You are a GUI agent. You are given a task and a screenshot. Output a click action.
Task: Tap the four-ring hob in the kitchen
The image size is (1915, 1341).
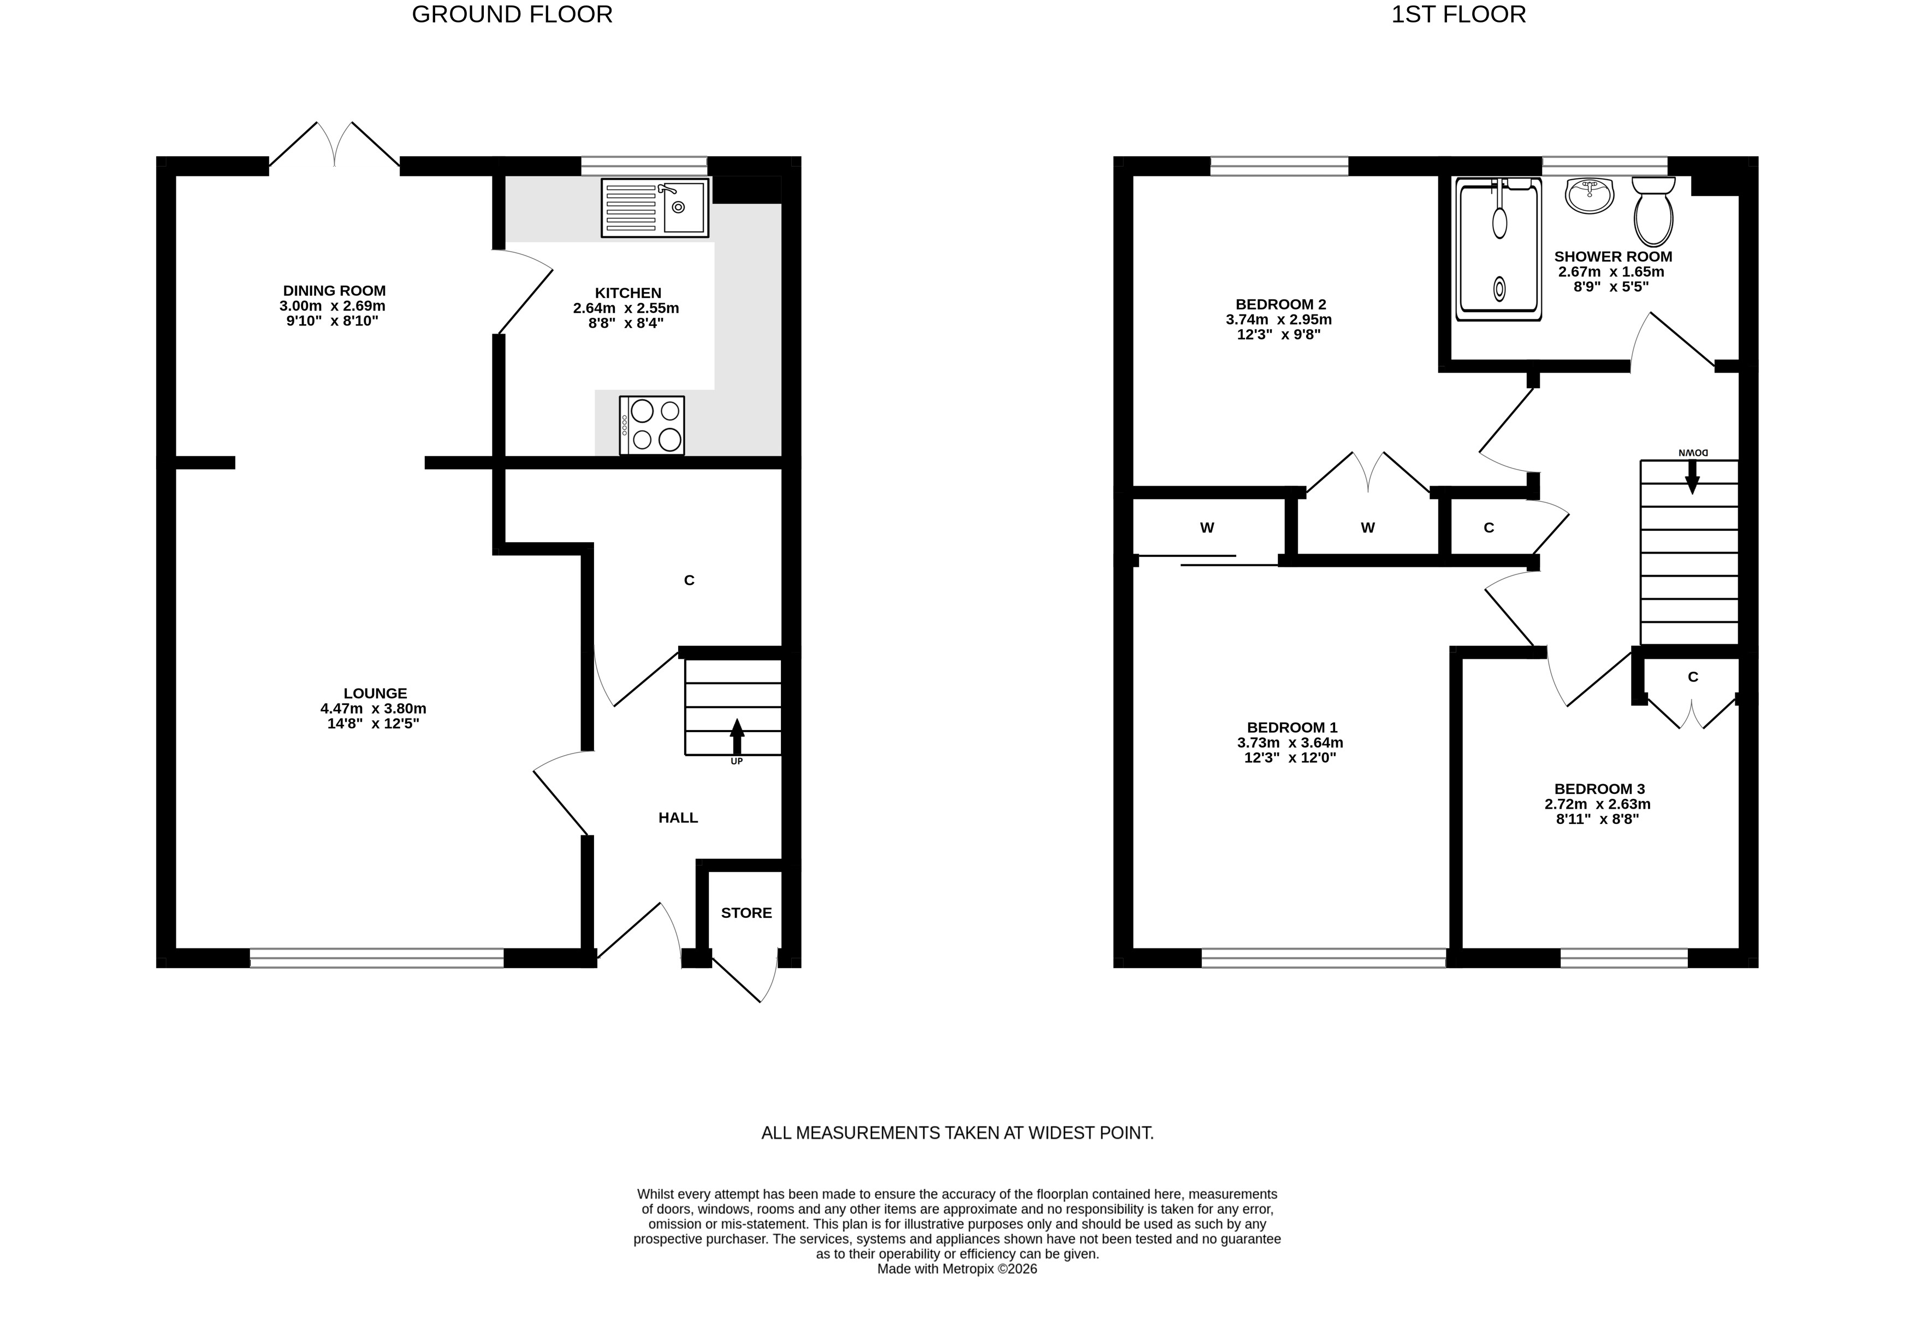click(x=652, y=425)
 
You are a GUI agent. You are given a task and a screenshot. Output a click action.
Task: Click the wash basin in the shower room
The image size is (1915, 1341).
click(x=1591, y=195)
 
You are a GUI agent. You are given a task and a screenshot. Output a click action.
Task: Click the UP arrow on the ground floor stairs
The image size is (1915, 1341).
click(x=737, y=737)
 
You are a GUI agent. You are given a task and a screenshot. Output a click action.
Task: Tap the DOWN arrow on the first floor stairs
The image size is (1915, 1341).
click(x=1692, y=476)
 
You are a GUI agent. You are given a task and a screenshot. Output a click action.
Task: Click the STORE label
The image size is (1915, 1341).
click(x=746, y=913)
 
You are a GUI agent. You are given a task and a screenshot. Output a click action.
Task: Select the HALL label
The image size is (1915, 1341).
click(x=678, y=818)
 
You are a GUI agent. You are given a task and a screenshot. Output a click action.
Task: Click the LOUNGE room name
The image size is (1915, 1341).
click(x=375, y=693)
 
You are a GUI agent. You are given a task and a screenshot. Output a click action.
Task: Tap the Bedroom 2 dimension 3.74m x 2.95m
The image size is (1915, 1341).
click(x=1279, y=319)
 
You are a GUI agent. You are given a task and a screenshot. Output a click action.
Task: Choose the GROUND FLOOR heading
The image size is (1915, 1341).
click(x=512, y=15)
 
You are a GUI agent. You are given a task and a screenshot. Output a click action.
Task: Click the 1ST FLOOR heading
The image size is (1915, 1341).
click(x=1459, y=15)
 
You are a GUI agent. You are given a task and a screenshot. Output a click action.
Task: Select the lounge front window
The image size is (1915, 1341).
click(x=377, y=958)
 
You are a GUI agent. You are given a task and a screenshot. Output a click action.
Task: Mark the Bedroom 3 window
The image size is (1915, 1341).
click(x=1624, y=958)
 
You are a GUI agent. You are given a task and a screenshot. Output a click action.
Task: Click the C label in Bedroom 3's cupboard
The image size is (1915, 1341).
click(x=1693, y=677)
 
